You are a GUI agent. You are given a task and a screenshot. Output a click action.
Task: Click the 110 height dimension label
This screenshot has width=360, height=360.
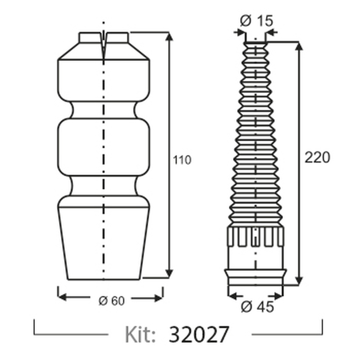pos(182,160)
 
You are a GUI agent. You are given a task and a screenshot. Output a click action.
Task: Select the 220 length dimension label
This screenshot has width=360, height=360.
pos(317,157)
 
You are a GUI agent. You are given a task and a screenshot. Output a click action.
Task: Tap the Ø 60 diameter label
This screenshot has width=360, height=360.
pos(112,301)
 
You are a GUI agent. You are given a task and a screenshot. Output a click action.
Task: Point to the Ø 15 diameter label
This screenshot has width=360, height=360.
pos(256,21)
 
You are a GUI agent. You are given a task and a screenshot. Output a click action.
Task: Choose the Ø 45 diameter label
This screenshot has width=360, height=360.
pos(258,307)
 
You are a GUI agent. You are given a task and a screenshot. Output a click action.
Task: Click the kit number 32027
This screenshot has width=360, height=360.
pos(199,334)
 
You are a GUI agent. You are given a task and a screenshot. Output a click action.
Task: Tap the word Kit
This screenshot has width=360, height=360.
pos(140,334)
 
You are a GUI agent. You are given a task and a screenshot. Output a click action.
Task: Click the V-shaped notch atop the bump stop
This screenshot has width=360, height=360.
pos(104,46)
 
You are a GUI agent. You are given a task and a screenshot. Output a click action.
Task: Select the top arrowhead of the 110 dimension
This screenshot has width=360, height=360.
pos(169,37)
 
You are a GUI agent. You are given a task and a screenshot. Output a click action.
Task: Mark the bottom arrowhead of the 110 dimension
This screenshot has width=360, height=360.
pos(169,273)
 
